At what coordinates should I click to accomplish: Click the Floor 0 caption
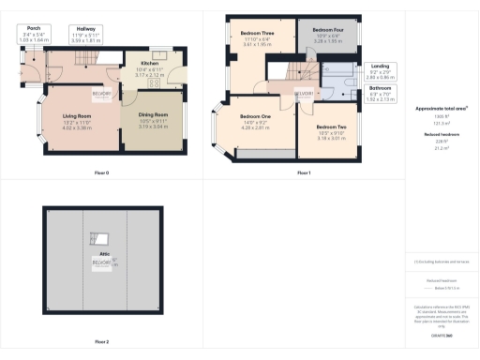[x=101, y=172]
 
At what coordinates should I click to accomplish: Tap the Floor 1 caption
[x=304, y=172]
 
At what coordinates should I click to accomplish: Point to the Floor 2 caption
[x=101, y=341]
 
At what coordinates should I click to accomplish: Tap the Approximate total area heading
[x=441, y=109]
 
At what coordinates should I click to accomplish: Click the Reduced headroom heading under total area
[x=441, y=136]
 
